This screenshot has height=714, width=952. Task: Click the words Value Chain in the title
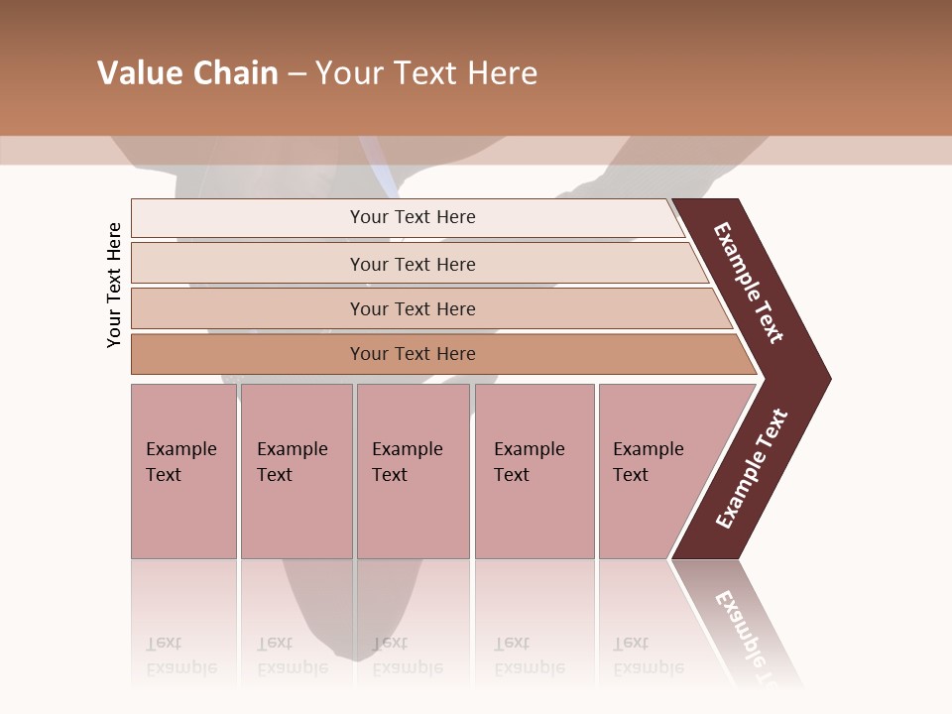187,73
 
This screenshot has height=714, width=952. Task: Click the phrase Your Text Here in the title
426,73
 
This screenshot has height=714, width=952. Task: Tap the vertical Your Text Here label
114,285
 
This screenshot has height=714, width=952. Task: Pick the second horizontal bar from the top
413,264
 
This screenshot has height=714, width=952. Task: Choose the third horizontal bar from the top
413,308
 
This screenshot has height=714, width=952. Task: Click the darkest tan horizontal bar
413,354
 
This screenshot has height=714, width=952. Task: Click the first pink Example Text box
183,471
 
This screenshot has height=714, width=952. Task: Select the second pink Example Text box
296,471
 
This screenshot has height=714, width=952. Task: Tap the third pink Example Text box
413,471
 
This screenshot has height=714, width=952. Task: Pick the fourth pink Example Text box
534,471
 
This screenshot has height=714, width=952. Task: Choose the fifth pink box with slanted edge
654,471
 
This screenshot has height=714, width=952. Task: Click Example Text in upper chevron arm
749,283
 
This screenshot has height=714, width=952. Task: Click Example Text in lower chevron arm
751,469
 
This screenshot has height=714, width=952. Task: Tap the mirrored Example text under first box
180,667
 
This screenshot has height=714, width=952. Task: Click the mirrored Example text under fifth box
648,667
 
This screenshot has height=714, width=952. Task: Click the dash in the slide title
297,74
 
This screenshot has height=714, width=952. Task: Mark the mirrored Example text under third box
407,667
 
